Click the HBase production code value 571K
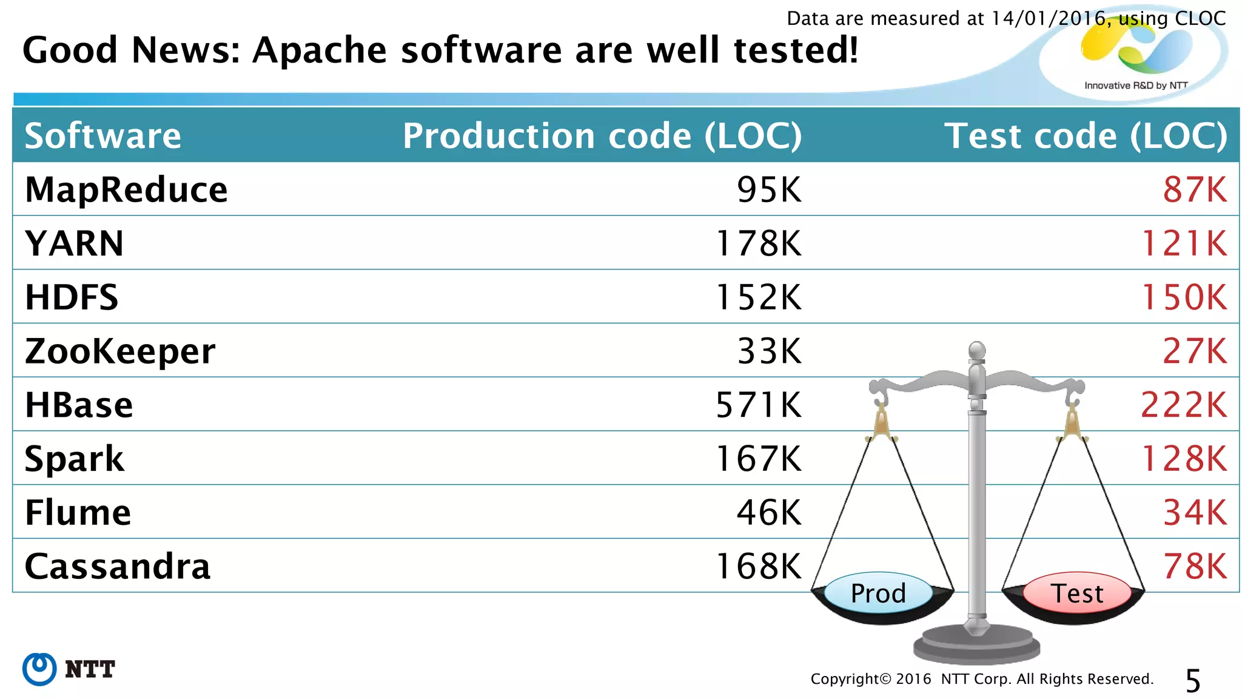pos(758,405)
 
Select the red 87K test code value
pos(1194,189)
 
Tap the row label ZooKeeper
pos(120,351)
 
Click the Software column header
pos(102,135)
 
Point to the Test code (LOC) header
pos(1086,135)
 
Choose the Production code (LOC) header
pos(602,135)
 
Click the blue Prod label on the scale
pos(878,593)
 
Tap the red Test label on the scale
pos(1077,593)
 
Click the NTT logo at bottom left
pos(69,669)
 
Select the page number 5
pos(1192,681)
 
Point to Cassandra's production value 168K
pos(758,566)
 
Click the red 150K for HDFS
pos(1184,297)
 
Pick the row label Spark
pos(74,459)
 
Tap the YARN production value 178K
pos(758,243)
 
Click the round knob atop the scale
pos(976,350)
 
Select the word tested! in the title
pos(796,50)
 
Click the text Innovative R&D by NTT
pos(1135,86)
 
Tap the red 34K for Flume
pos(1194,513)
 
